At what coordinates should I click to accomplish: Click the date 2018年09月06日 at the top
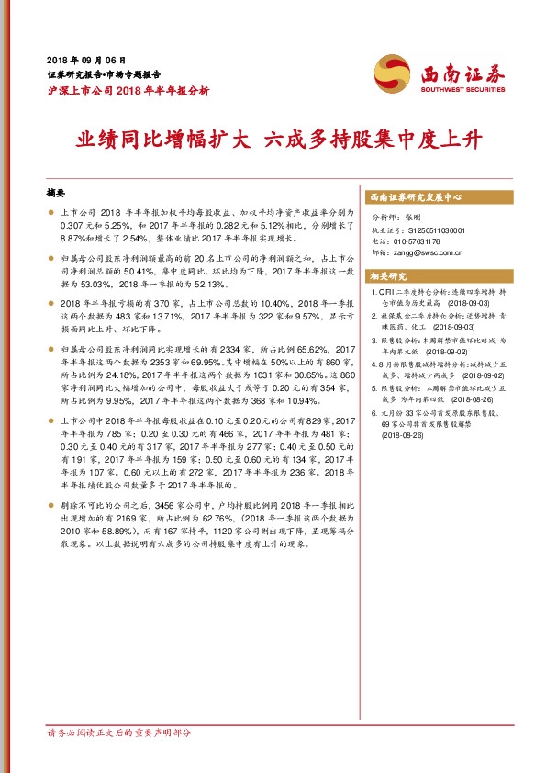84,58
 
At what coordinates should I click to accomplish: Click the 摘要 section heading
55,195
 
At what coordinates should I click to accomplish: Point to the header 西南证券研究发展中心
415,197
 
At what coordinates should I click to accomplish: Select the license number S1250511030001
431,230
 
